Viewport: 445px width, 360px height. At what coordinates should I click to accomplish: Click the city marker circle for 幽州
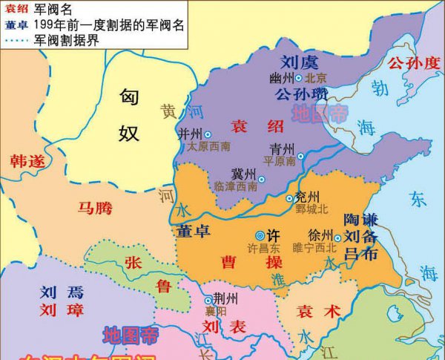coord(298,78)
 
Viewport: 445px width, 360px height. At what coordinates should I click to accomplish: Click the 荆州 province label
coord(225,299)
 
